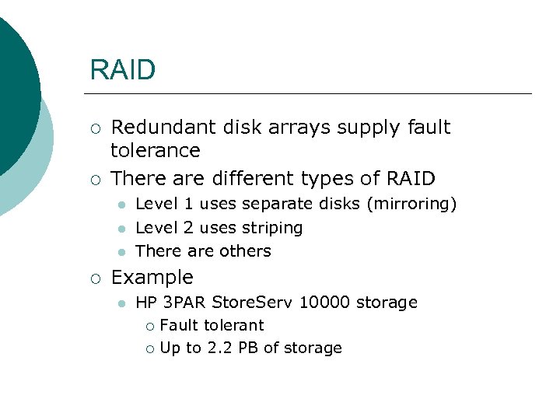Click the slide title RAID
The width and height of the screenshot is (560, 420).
[x=123, y=70]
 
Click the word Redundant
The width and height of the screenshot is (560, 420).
[x=156, y=127]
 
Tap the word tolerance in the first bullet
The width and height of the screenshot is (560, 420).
[x=156, y=150]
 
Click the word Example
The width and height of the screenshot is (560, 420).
[x=152, y=278]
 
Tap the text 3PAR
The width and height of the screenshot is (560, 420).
[x=185, y=303]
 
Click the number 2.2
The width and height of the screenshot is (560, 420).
[x=219, y=348]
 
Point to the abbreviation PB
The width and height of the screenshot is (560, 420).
[x=248, y=348]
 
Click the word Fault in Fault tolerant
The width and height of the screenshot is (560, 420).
[x=177, y=326]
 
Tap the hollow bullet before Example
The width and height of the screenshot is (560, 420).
[x=94, y=278]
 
